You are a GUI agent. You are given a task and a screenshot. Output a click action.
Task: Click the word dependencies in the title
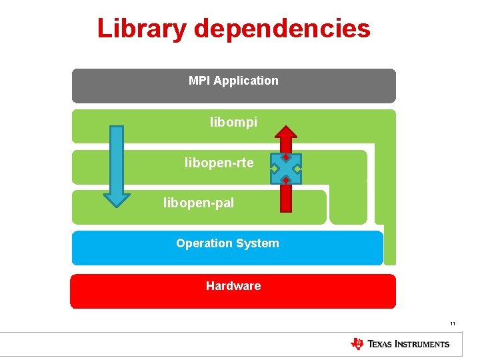point(283,29)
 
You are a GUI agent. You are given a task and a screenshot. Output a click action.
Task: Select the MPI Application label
point(233,81)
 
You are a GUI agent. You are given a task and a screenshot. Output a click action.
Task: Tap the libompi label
point(233,123)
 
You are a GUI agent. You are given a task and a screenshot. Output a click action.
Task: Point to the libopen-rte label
point(219,163)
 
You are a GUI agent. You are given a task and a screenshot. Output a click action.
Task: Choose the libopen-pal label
point(199,203)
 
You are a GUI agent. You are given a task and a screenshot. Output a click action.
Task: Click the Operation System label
point(227,243)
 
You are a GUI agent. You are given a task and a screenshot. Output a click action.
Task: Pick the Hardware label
point(233,286)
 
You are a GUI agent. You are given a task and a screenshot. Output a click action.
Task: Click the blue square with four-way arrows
point(286,169)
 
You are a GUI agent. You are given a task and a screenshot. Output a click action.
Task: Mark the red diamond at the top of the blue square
point(285,158)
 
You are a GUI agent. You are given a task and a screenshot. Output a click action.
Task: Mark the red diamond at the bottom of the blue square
point(285,180)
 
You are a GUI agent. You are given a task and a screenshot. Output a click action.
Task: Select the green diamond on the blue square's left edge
point(274,169)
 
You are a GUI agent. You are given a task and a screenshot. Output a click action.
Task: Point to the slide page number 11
point(452,324)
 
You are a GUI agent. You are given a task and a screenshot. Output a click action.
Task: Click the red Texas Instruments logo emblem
point(357,344)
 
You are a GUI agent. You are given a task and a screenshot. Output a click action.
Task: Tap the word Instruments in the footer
point(421,345)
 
